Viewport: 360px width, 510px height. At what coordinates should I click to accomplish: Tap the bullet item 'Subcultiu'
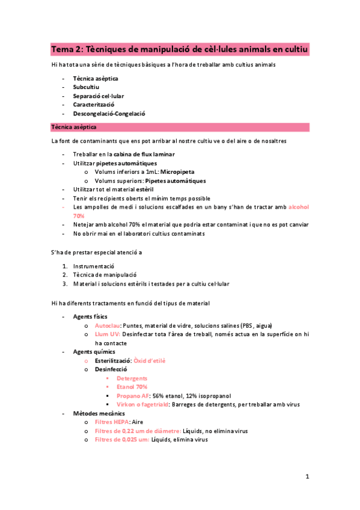click(x=86, y=87)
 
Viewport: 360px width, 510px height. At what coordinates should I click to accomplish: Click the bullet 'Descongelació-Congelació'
click(x=109, y=113)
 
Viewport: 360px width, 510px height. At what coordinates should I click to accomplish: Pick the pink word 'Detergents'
click(x=132, y=378)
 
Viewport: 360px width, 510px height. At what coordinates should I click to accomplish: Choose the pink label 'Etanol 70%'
click(x=132, y=387)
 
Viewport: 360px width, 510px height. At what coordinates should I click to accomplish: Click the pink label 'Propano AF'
click(x=133, y=396)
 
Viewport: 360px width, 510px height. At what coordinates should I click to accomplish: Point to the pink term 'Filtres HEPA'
click(x=111, y=422)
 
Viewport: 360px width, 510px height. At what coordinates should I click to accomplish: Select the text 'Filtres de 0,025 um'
click(x=122, y=440)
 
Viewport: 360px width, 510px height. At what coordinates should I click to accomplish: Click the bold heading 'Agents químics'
click(x=94, y=352)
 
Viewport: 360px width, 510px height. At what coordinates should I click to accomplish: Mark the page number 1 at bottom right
click(x=307, y=477)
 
